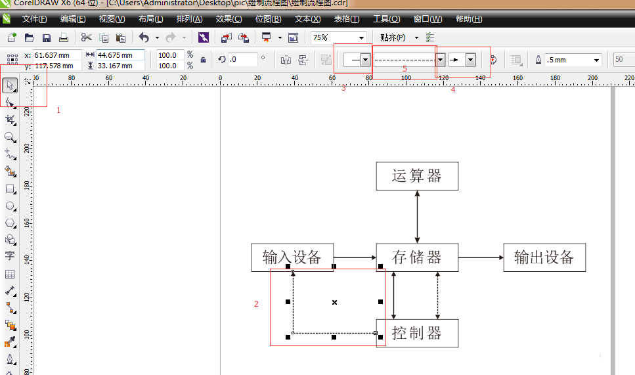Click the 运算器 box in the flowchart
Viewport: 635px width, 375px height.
[x=417, y=177]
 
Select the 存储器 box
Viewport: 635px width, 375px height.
[x=417, y=257]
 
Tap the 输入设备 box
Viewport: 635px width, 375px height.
[x=292, y=257]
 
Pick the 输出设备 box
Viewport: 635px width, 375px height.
[x=544, y=257]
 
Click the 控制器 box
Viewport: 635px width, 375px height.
[x=417, y=333]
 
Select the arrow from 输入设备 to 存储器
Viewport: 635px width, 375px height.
[x=355, y=257]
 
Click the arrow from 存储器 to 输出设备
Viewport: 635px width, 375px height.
[x=481, y=257]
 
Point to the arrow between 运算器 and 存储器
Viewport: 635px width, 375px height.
[x=418, y=217]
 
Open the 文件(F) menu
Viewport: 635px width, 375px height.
[x=34, y=19]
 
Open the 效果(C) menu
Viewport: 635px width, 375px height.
[x=229, y=19]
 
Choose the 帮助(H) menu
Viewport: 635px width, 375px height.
[x=468, y=19]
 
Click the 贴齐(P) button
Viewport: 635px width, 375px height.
[x=393, y=38]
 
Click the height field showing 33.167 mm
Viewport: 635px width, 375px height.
[x=120, y=66]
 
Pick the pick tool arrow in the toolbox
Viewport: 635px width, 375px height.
[x=10, y=85]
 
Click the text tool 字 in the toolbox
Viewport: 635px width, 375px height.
[x=10, y=255]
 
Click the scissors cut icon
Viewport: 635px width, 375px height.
[x=86, y=38]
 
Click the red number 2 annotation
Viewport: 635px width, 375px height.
[x=257, y=304]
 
